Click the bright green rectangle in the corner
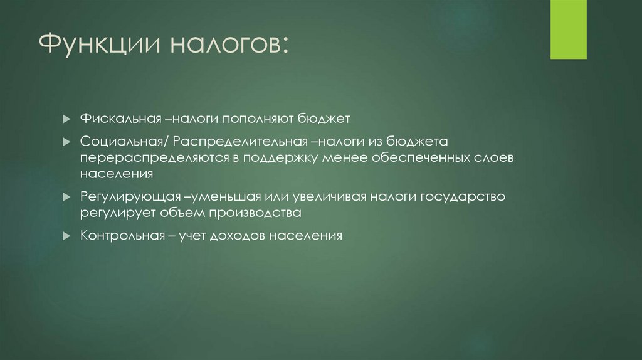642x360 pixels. [568, 29]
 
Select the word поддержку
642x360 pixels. [285, 157]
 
